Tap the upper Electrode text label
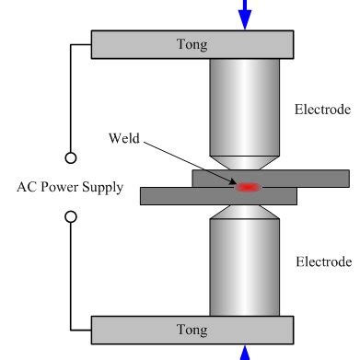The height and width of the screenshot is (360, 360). pyautogui.click(x=322, y=109)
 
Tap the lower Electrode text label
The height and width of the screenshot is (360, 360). pyautogui.click(x=322, y=261)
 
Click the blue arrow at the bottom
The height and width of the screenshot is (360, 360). pyautogui.click(x=245, y=353)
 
